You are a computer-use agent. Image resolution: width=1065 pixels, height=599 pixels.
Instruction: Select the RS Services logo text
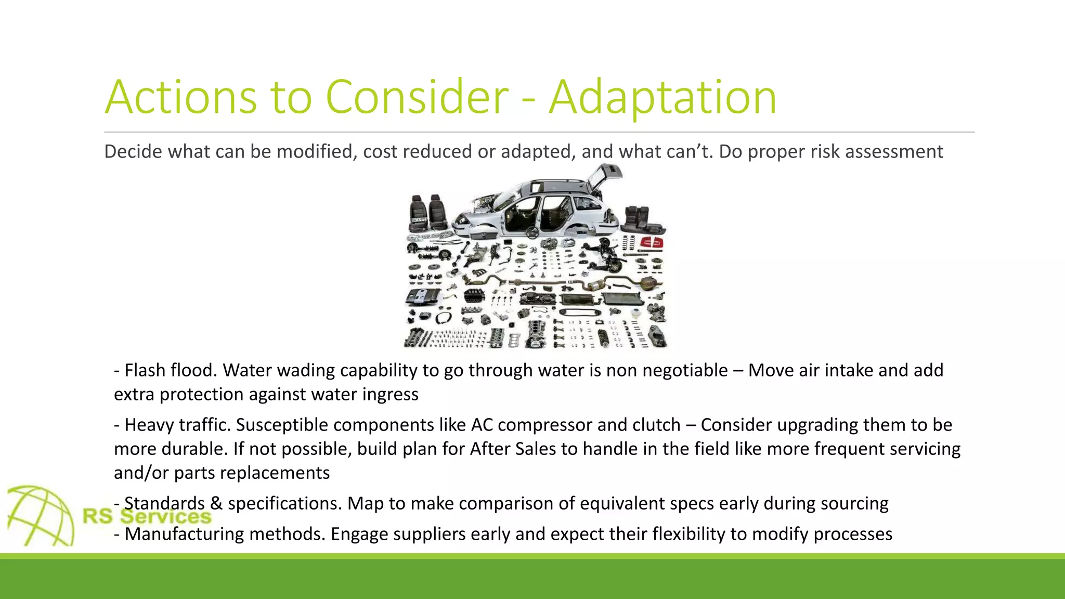[x=147, y=516]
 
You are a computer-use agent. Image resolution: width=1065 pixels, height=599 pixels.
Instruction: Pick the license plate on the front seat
[x=419, y=220]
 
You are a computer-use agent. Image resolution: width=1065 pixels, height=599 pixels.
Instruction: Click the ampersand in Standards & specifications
[x=216, y=503]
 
